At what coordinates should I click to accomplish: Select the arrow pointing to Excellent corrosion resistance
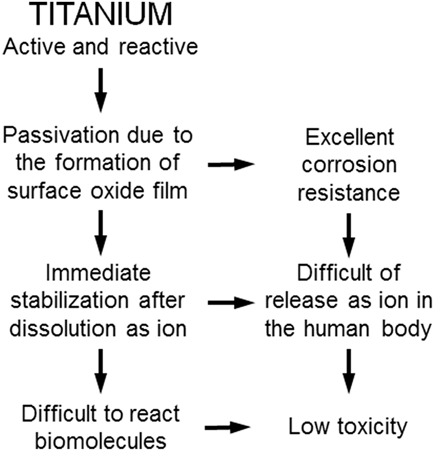[x=231, y=164]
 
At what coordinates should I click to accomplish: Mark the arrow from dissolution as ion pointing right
[x=231, y=302]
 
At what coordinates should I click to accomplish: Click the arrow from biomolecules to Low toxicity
[x=231, y=423]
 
